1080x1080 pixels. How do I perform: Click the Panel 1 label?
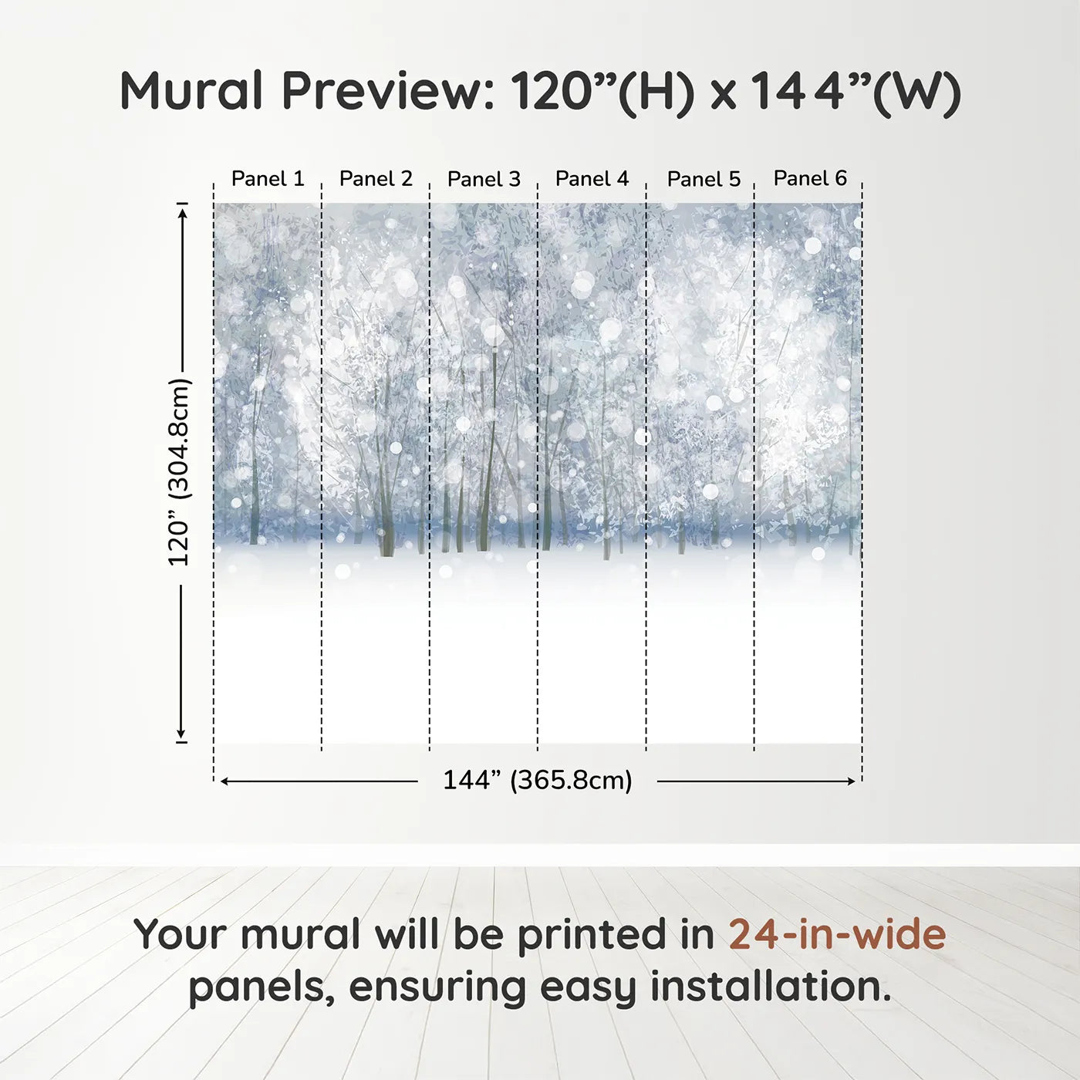(268, 179)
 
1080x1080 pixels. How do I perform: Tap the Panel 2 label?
(376, 179)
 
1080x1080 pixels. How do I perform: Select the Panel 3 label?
(484, 179)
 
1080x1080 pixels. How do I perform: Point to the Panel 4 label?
(592, 179)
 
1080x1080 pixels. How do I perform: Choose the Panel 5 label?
(704, 179)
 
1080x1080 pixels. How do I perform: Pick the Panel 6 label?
(810, 178)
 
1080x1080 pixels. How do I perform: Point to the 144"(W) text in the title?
(856, 92)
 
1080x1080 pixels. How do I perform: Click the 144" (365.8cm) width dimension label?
(537, 780)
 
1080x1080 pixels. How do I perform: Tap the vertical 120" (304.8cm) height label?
(179, 472)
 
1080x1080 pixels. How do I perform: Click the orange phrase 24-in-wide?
(837, 934)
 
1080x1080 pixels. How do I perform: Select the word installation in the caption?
(770, 987)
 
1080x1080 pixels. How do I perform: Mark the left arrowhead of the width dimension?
(224, 781)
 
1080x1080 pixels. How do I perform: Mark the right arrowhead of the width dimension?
(852, 781)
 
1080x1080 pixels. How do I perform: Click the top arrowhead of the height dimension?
(182, 211)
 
